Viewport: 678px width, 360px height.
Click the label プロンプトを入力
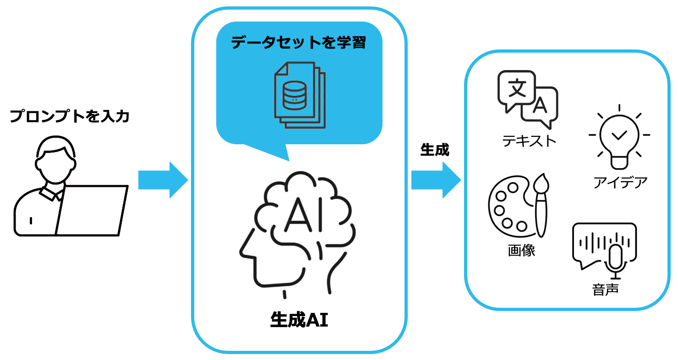click(x=70, y=116)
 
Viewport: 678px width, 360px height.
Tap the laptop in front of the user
click(x=92, y=211)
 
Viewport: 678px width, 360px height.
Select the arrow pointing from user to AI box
click(x=163, y=180)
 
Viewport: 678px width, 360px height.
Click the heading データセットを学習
click(x=298, y=43)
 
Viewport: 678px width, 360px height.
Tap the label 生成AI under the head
click(x=299, y=320)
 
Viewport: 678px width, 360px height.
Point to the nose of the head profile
click(x=242, y=252)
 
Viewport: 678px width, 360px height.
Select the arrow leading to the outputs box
click(x=436, y=180)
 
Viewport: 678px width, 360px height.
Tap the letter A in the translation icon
click(x=541, y=106)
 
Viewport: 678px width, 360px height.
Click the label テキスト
click(x=529, y=141)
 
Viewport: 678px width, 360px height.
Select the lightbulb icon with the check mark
click(x=619, y=137)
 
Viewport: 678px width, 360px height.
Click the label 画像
click(x=521, y=251)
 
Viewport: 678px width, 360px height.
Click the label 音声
click(x=605, y=290)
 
